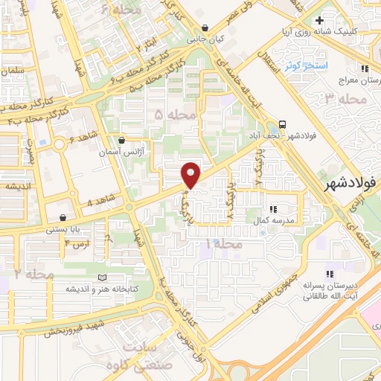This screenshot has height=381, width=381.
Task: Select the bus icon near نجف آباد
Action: tap(283, 125)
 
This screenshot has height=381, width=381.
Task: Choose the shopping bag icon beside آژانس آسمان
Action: tap(121, 140)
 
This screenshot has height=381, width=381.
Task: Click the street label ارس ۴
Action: tap(77, 243)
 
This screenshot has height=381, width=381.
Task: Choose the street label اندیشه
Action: tap(14, 187)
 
